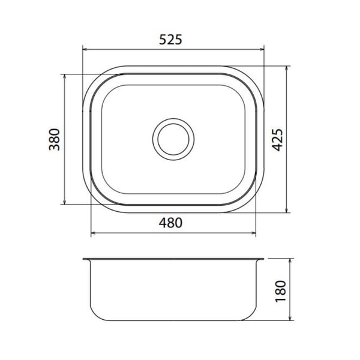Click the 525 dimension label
[x=170, y=40]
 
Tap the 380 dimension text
[x=55, y=139]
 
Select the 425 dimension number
[x=277, y=140]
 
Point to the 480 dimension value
[x=170, y=223]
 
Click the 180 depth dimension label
[x=281, y=291]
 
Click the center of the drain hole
[x=173, y=139]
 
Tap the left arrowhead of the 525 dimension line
[x=85, y=49]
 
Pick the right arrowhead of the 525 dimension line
[x=262, y=49]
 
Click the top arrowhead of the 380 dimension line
[x=65, y=76]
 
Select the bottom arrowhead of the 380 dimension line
[x=65, y=202]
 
